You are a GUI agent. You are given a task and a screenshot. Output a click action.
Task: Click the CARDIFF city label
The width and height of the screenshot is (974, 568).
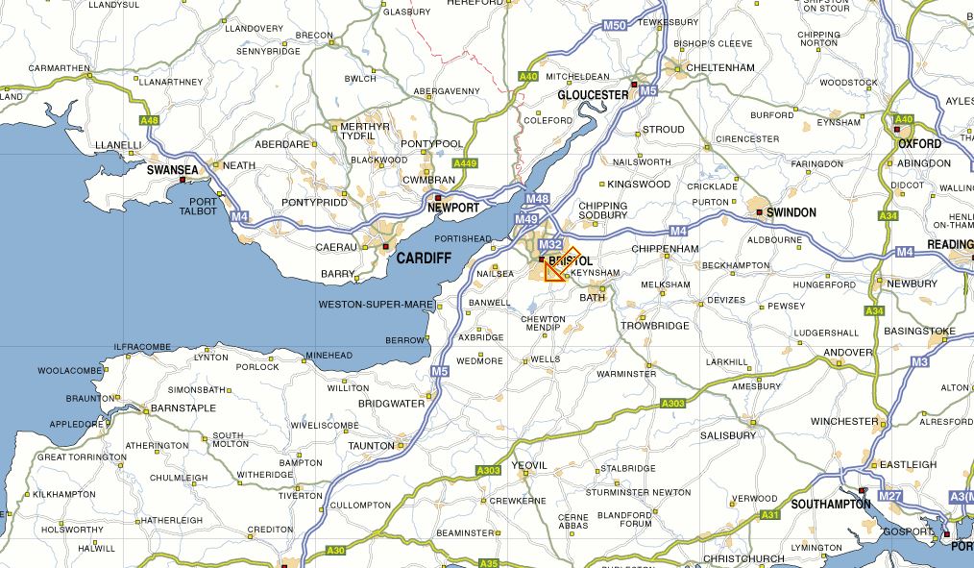tap(424, 259)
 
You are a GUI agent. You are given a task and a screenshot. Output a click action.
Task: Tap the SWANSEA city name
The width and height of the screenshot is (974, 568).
tap(173, 170)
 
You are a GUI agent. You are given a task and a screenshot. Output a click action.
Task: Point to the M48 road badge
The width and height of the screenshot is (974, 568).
tap(538, 199)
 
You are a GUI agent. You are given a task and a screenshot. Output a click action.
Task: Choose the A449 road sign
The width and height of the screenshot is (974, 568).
tap(465, 163)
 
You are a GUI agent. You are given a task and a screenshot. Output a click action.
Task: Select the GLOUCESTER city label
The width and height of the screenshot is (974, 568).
tap(593, 95)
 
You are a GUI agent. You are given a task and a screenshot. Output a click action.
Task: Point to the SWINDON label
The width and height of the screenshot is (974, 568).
tap(791, 212)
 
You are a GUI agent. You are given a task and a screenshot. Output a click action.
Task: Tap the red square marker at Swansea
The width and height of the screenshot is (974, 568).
tap(183, 180)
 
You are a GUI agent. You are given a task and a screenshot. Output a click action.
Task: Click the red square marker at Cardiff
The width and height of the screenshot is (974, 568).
tap(386, 247)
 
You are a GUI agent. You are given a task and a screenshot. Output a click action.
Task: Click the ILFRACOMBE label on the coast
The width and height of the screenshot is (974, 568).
tap(142, 346)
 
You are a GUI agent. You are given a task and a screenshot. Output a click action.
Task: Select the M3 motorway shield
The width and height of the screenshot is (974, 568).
tap(919, 361)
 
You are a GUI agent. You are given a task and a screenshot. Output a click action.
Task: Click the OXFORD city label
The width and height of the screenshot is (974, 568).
tap(919, 143)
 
